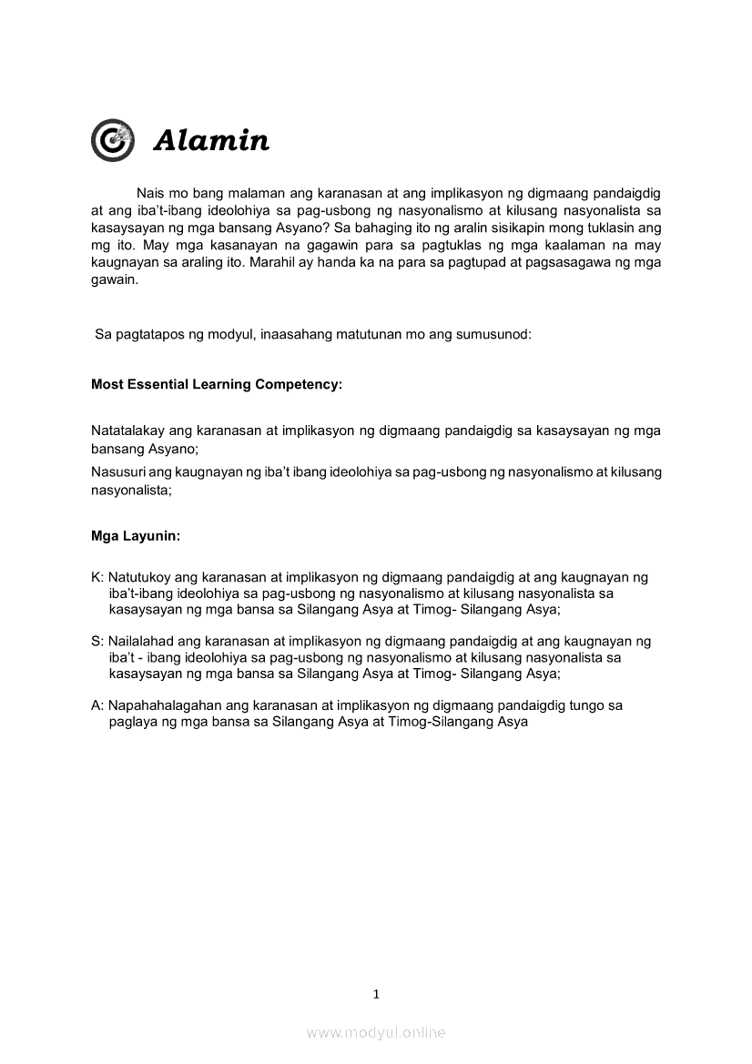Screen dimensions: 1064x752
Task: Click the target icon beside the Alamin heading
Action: coord(113,140)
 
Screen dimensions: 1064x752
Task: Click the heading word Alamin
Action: coord(211,141)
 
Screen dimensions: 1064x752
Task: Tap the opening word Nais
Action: coord(151,193)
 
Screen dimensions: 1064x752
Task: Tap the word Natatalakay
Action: coord(127,431)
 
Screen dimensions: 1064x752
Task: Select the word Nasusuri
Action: coord(118,471)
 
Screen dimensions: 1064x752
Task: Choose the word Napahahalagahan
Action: coord(167,704)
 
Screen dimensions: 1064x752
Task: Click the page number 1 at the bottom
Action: coord(376,994)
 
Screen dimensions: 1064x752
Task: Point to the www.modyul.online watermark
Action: coord(376,1032)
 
